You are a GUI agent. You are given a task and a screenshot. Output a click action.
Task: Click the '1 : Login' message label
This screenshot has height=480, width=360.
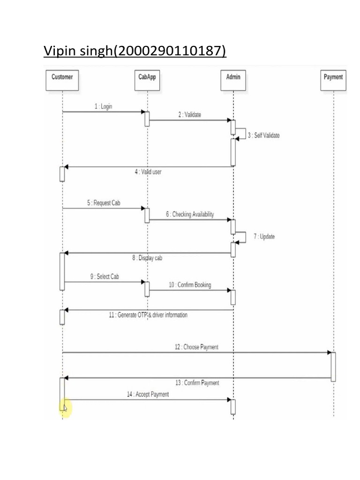pos(103,106)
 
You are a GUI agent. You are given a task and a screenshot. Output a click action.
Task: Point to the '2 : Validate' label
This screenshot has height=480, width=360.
pos(189,114)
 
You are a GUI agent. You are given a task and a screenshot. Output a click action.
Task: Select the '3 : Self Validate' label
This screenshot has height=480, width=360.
pos(263,135)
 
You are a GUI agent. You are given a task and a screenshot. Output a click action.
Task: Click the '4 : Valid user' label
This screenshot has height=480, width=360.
pos(148,172)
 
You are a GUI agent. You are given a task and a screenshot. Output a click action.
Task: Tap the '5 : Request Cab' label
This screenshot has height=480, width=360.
pos(104,203)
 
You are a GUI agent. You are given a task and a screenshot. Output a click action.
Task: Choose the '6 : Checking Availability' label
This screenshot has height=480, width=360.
pos(189,214)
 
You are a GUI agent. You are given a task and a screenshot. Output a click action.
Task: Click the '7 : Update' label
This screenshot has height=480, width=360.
pos(264,237)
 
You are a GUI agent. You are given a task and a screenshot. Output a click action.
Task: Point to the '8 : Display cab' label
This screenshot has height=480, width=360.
pos(147,258)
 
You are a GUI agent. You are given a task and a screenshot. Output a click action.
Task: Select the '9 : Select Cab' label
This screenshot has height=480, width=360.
pos(105,277)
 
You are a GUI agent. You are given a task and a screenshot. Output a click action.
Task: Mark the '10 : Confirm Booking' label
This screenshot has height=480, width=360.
pos(190,285)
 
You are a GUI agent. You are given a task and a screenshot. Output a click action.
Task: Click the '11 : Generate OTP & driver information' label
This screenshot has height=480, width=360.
pos(148,315)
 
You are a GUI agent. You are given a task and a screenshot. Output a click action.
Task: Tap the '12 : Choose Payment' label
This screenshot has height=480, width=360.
pos(196,347)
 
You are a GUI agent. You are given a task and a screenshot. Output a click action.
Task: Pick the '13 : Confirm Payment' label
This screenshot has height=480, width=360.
pos(197,383)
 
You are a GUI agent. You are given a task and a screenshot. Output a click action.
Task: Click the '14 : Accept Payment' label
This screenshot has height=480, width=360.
pos(148,395)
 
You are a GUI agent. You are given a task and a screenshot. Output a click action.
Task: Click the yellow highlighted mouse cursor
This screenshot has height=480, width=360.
pos(65,408)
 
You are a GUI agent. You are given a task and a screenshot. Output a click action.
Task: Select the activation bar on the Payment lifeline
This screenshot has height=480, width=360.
pos(333,367)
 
